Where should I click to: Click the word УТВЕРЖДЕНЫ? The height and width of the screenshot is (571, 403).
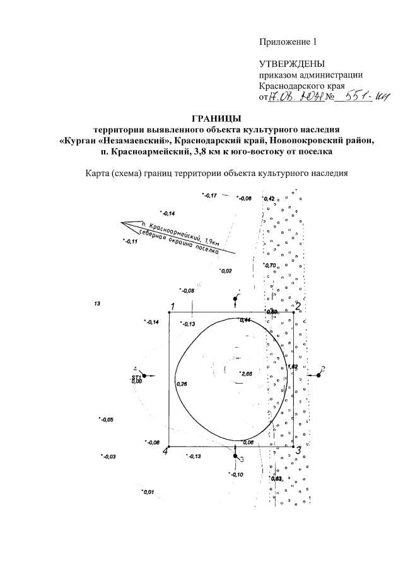click(x=291, y=64)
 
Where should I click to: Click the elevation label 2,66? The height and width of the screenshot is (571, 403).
click(x=247, y=375)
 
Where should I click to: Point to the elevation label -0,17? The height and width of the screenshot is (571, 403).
click(x=210, y=196)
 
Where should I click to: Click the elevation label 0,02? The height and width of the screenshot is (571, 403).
click(x=226, y=271)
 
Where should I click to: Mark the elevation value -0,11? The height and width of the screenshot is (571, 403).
click(x=131, y=242)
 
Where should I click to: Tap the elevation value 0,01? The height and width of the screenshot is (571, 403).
click(x=149, y=492)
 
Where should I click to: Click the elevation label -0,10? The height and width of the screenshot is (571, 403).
click(x=237, y=474)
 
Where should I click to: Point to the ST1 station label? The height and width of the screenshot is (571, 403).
click(x=136, y=377)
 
